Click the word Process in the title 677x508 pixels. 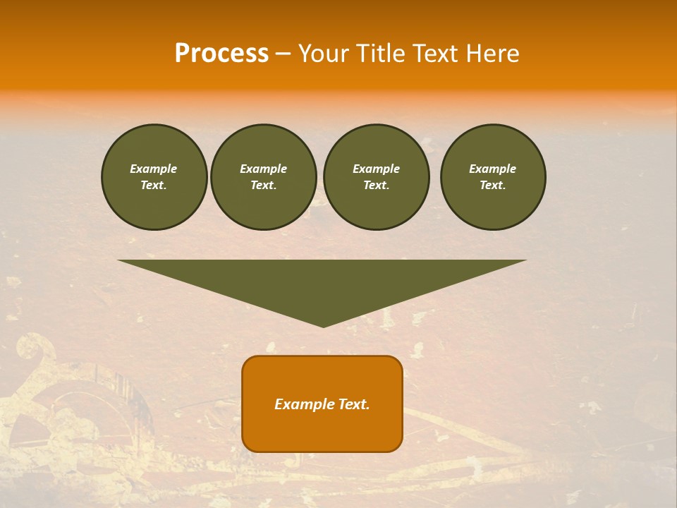click(x=221, y=54)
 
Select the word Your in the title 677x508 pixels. click(x=325, y=54)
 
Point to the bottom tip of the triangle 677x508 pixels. click(x=323, y=325)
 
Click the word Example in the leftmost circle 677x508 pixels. click(x=154, y=169)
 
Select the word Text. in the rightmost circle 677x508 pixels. click(x=492, y=185)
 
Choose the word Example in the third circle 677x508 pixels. click(x=376, y=169)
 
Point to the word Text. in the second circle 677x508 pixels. click(x=263, y=185)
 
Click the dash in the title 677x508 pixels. click(x=283, y=54)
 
